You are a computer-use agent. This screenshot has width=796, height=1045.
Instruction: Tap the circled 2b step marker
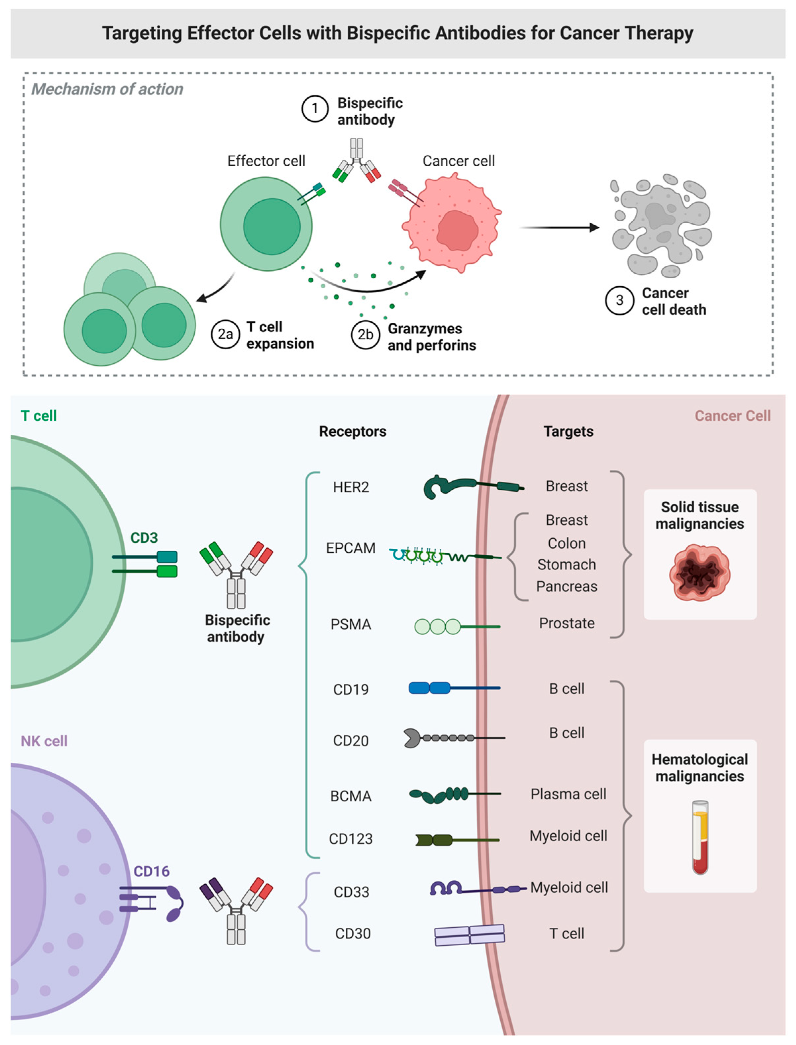(365, 335)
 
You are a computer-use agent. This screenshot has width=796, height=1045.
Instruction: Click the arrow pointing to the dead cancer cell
(559, 228)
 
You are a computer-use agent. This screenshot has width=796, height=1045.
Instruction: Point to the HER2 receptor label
(351, 487)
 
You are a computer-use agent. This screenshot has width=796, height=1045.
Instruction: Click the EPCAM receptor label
(351, 548)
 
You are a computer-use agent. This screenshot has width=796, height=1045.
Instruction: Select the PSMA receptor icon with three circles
(457, 626)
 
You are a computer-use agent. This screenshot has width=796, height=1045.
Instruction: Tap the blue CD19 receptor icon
(454, 687)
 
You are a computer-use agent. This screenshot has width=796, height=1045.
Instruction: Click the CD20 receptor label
(351, 741)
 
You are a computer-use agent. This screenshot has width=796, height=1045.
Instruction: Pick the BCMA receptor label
(351, 796)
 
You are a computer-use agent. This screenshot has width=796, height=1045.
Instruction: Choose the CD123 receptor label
(351, 839)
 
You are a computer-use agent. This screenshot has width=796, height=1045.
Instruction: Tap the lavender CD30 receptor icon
(470, 935)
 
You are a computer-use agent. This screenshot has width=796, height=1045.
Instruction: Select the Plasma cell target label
(568, 794)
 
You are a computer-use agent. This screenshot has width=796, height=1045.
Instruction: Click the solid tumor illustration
(700, 573)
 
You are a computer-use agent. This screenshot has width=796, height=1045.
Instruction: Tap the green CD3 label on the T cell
(144, 538)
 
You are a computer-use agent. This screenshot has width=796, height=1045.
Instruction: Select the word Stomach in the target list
(567, 565)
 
